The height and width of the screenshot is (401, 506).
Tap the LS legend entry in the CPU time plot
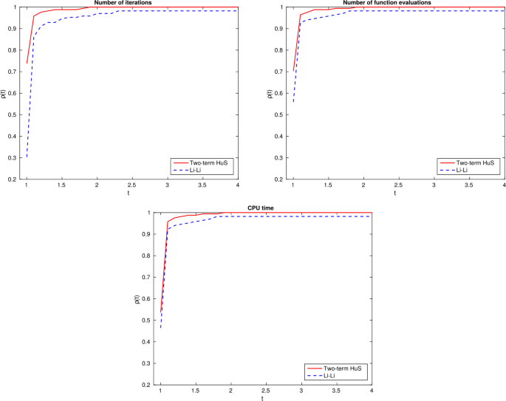coord(330,375)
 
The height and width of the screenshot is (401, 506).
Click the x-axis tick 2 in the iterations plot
coord(97,185)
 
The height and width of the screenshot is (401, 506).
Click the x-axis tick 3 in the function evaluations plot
coord(434,185)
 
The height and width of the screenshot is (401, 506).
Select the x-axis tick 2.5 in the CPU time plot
coord(266,391)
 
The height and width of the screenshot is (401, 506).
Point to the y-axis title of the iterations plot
coord(4,93)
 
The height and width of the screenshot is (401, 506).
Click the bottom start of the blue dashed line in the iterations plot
coord(27,157)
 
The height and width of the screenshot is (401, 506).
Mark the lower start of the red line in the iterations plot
coord(27,64)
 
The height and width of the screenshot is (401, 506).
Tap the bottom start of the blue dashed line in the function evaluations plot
coord(293,101)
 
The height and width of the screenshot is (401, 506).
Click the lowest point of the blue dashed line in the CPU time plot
coord(161,329)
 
